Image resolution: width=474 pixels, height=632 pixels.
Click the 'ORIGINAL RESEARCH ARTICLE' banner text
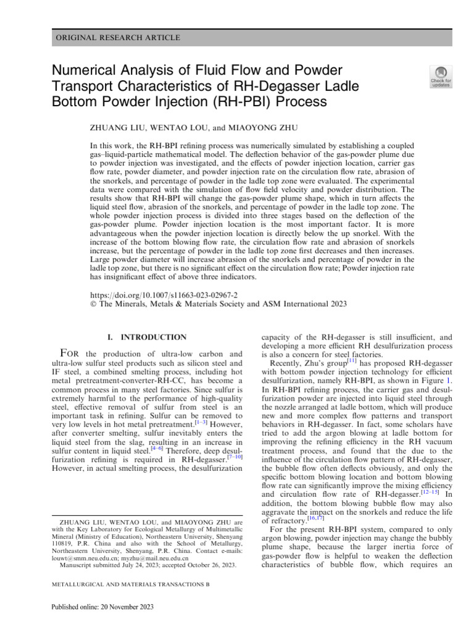click(118, 38)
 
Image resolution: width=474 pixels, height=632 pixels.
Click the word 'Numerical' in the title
click(83, 70)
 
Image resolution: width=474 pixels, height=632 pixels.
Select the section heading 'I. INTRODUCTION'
click(146, 338)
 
